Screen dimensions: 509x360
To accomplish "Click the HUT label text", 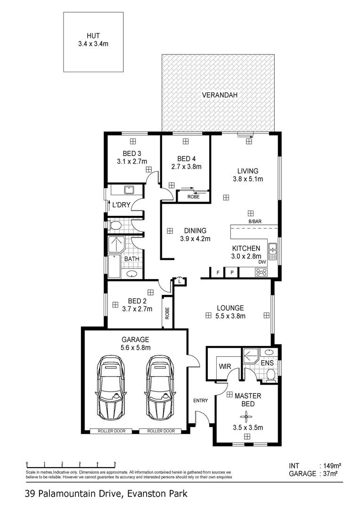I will (93, 35).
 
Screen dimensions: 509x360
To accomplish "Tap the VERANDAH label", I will (219, 95).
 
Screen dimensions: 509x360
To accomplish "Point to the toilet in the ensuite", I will (270, 375).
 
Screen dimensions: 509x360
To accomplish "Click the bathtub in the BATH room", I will (115, 267).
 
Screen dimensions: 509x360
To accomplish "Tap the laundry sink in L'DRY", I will (129, 190).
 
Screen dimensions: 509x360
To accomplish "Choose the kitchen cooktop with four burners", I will (261, 272).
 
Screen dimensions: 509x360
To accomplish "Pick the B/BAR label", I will (255, 222).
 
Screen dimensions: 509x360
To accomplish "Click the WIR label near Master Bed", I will (223, 366).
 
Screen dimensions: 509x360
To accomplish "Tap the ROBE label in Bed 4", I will (193, 197).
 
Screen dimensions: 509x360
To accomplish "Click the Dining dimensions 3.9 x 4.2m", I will (193, 239).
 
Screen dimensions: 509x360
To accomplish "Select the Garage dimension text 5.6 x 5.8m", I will (135, 348).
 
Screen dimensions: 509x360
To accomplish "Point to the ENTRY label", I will (200, 401).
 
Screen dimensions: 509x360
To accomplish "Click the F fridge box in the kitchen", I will (218, 272).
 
